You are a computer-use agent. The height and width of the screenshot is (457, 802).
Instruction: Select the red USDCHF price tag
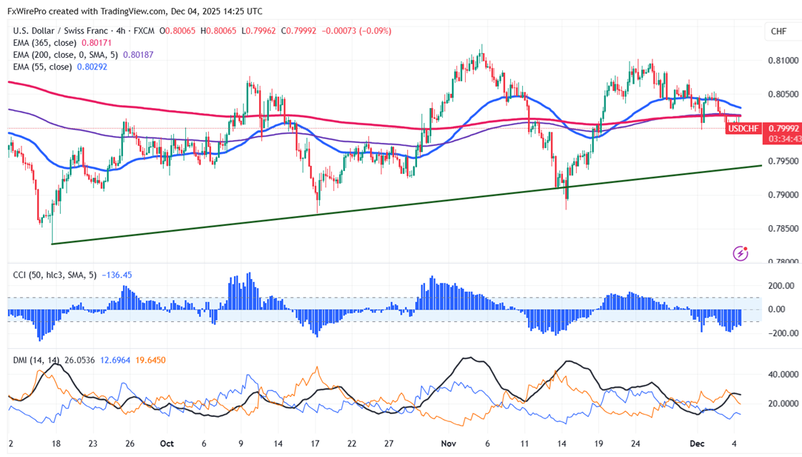pos(742,128)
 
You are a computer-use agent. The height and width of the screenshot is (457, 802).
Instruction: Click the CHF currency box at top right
pos(778,31)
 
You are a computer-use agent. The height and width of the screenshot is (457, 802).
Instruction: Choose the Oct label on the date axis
pos(166,443)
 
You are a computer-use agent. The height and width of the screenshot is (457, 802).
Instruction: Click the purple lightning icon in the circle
pos(740,253)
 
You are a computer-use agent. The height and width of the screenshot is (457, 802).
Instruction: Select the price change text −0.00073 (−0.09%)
pos(358,31)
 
